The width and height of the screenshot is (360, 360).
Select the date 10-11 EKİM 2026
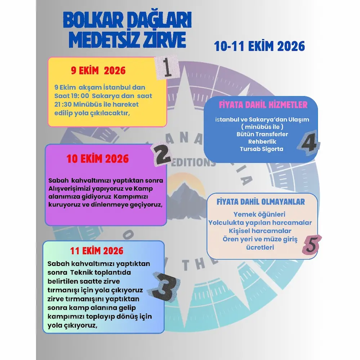259,46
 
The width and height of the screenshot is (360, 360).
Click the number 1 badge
166,67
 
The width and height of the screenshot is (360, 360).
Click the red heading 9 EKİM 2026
98,71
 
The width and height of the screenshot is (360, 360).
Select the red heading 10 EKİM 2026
98,159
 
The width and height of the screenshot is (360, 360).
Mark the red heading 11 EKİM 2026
96,250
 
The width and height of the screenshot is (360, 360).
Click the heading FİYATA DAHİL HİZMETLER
263,105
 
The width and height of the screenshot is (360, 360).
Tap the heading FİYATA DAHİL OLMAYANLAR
261,202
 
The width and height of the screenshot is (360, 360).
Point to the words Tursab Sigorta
262,149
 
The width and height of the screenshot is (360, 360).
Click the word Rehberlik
262,142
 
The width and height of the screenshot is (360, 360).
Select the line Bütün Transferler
262,134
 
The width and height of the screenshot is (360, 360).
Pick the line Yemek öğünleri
259,214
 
